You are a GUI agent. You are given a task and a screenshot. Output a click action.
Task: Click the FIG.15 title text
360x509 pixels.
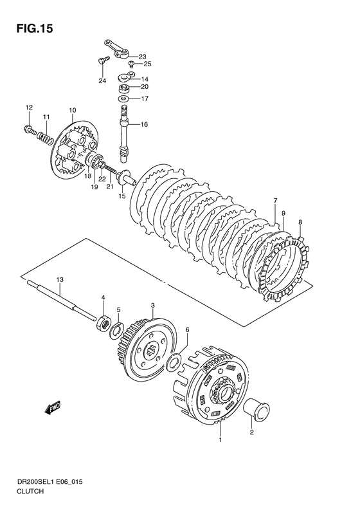pos(34,29)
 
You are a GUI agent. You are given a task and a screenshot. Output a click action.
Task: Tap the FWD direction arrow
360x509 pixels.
pos(53,408)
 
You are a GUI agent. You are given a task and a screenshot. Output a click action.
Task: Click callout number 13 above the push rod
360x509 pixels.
pos(60,279)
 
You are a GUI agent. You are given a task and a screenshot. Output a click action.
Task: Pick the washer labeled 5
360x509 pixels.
pos(116,331)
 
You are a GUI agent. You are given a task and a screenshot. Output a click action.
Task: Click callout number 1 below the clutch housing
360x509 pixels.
pos(221,440)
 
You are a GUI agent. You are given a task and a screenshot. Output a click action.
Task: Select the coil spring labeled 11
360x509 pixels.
pos(46,137)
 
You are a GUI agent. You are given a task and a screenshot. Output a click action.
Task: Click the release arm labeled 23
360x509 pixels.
pos(117,50)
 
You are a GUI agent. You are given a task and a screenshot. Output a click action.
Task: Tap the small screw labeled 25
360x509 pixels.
pos(132,63)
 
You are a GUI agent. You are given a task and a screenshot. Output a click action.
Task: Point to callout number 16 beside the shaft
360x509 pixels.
pos(144,124)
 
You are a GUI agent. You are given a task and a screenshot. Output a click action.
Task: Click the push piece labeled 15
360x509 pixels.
pos(128,179)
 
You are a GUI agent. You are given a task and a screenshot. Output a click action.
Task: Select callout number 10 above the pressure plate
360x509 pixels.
pos(73,111)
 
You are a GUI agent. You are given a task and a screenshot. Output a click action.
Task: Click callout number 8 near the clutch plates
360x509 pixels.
pos(300,223)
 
